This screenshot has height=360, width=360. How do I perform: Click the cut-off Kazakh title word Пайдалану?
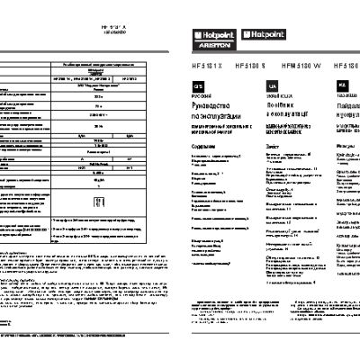(348, 105)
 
